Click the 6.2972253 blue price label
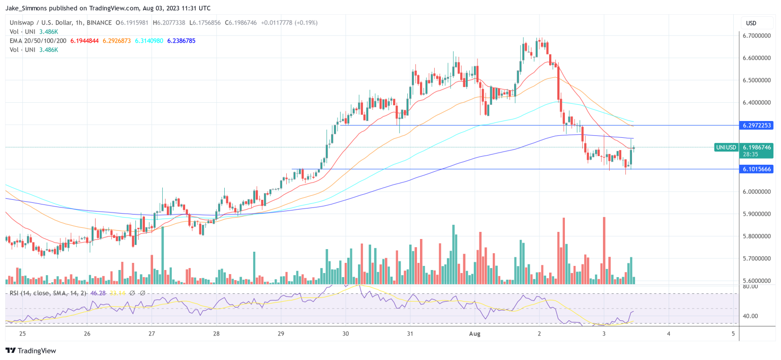pyautogui.click(x=757, y=125)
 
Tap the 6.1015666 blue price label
pyautogui.click(x=757, y=169)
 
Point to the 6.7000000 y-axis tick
pyautogui.click(x=757, y=36)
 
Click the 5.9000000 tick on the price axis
pyautogui.click(x=757, y=214)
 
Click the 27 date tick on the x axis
pyautogui.click(x=152, y=334)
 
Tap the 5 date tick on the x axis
pyautogui.click(x=733, y=334)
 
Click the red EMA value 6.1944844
pyautogui.click(x=85, y=41)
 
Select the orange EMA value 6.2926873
pyautogui.click(x=118, y=41)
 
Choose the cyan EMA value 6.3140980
pyautogui.click(x=149, y=41)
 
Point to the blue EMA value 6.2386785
pyautogui.click(x=182, y=41)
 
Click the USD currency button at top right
pyautogui.click(x=751, y=23)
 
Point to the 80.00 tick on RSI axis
pyautogui.click(x=749, y=286)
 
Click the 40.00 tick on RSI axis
pyautogui.click(x=749, y=316)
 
